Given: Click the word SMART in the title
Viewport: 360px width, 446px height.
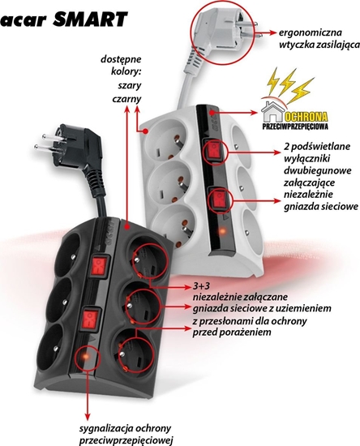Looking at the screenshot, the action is [90, 19].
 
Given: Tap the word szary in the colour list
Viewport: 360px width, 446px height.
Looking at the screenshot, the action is [130, 86].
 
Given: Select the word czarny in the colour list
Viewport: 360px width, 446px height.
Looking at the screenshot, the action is [126, 99].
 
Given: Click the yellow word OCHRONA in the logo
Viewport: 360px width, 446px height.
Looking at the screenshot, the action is [306, 117].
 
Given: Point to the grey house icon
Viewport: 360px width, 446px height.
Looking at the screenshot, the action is [272, 112].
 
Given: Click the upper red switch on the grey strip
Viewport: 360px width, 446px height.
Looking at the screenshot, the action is [214, 150].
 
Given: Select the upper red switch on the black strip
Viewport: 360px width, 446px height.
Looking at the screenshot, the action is [99, 266].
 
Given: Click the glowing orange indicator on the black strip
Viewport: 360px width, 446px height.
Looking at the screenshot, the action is [85, 357].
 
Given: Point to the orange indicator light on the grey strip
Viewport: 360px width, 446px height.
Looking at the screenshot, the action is [222, 231].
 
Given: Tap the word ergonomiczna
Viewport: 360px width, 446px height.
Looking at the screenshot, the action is [310, 32].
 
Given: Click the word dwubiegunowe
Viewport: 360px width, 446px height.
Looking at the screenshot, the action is [317, 170].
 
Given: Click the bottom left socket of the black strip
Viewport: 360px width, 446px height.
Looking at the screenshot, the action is [51, 349].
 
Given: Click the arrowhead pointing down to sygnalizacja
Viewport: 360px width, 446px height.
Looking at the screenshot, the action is [88, 417].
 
